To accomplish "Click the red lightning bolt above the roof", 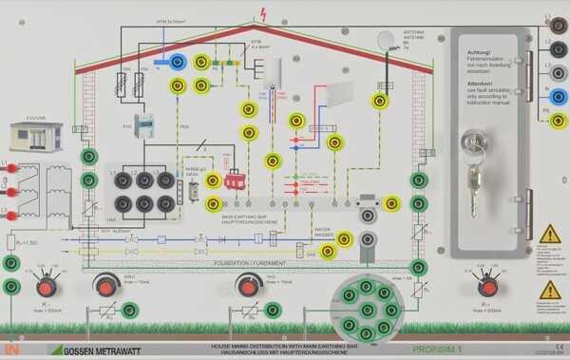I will tap(263, 14).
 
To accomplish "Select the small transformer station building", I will tap(35, 136).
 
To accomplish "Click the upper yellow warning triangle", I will tap(549, 235).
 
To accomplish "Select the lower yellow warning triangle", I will tap(549, 290).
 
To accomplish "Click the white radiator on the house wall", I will tap(339, 94).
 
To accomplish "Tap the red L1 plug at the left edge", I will tap(9, 168).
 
